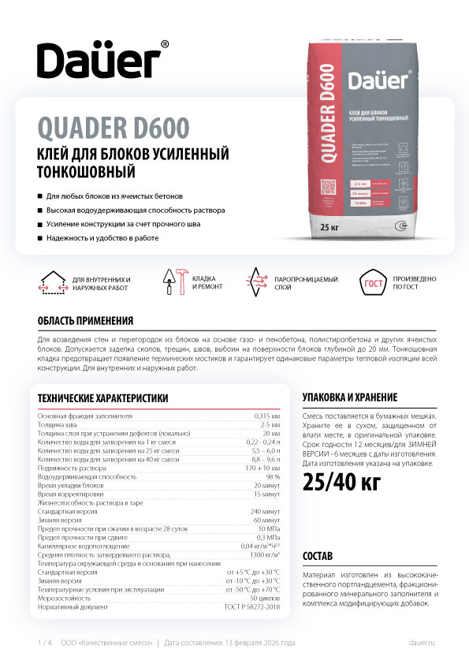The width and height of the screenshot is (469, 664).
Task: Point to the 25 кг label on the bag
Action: tap(330, 227)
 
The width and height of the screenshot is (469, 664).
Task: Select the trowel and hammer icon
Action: tap(174, 283)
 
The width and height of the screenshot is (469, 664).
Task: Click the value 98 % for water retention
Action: tap(274, 477)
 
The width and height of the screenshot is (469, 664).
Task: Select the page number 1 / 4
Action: tap(44, 643)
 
